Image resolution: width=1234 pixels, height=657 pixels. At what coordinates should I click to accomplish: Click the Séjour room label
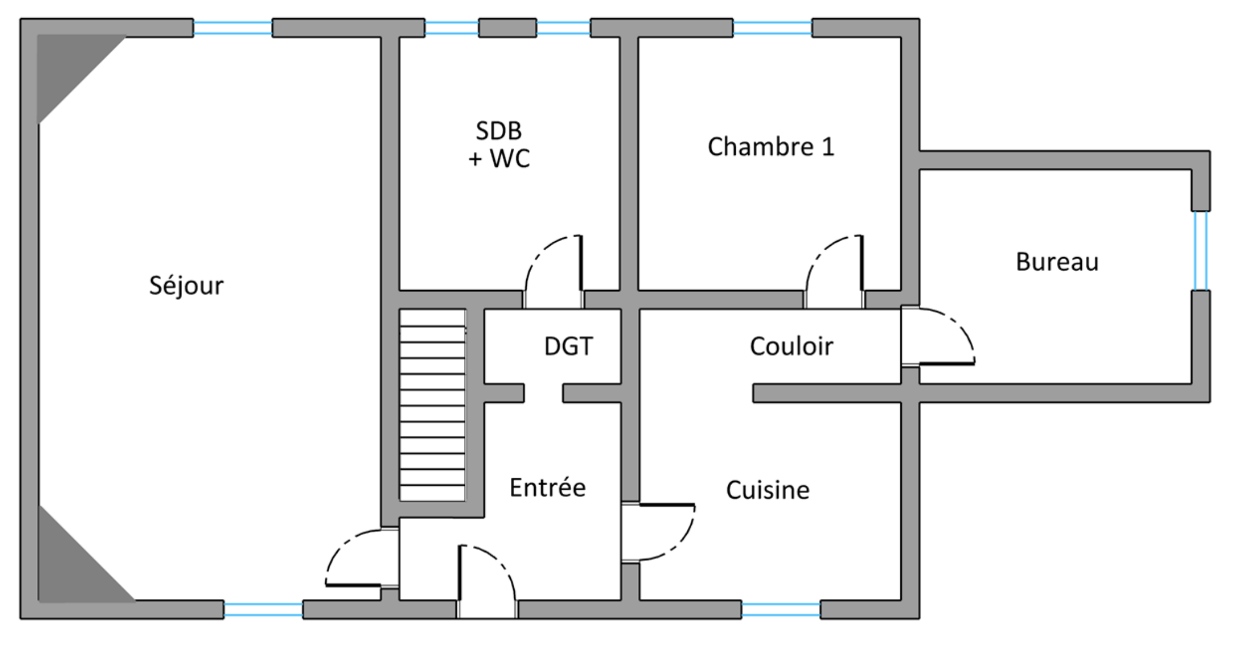click(x=186, y=285)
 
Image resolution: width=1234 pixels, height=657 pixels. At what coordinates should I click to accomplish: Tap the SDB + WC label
click(x=499, y=145)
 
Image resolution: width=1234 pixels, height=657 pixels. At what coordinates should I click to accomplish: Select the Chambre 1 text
click(x=771, y=147)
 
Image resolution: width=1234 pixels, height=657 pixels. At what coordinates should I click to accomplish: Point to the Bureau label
click(x=1057, y=262)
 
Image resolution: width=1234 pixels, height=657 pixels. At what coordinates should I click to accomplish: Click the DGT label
click(x=568, y=346)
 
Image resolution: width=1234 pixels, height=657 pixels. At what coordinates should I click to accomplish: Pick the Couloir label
click(x=791, y=346)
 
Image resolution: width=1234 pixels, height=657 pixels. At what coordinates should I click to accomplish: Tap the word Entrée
click(x=547, y=487)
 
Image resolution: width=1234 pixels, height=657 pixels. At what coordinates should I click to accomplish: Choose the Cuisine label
click(x=767, y=490)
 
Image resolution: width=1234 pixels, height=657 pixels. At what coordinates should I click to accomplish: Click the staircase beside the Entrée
click(x=433, y=405)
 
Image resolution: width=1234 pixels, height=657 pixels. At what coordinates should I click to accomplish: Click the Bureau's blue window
click(x=1200, y=251)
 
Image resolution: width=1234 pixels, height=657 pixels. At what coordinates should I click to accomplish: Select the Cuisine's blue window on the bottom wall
click(x=780, y=610)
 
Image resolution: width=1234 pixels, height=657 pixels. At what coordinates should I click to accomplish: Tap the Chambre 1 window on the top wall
click(x=772, y=28)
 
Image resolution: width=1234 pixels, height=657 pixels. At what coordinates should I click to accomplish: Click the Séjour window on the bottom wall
click(x=263, y=610)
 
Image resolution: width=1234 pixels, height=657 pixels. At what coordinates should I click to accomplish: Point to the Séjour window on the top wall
click(x=233, y=28)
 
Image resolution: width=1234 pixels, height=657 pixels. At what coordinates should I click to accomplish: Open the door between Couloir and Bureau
click(x=938, y=336)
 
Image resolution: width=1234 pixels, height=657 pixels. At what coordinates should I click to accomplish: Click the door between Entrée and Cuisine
click(x=658, y=532)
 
